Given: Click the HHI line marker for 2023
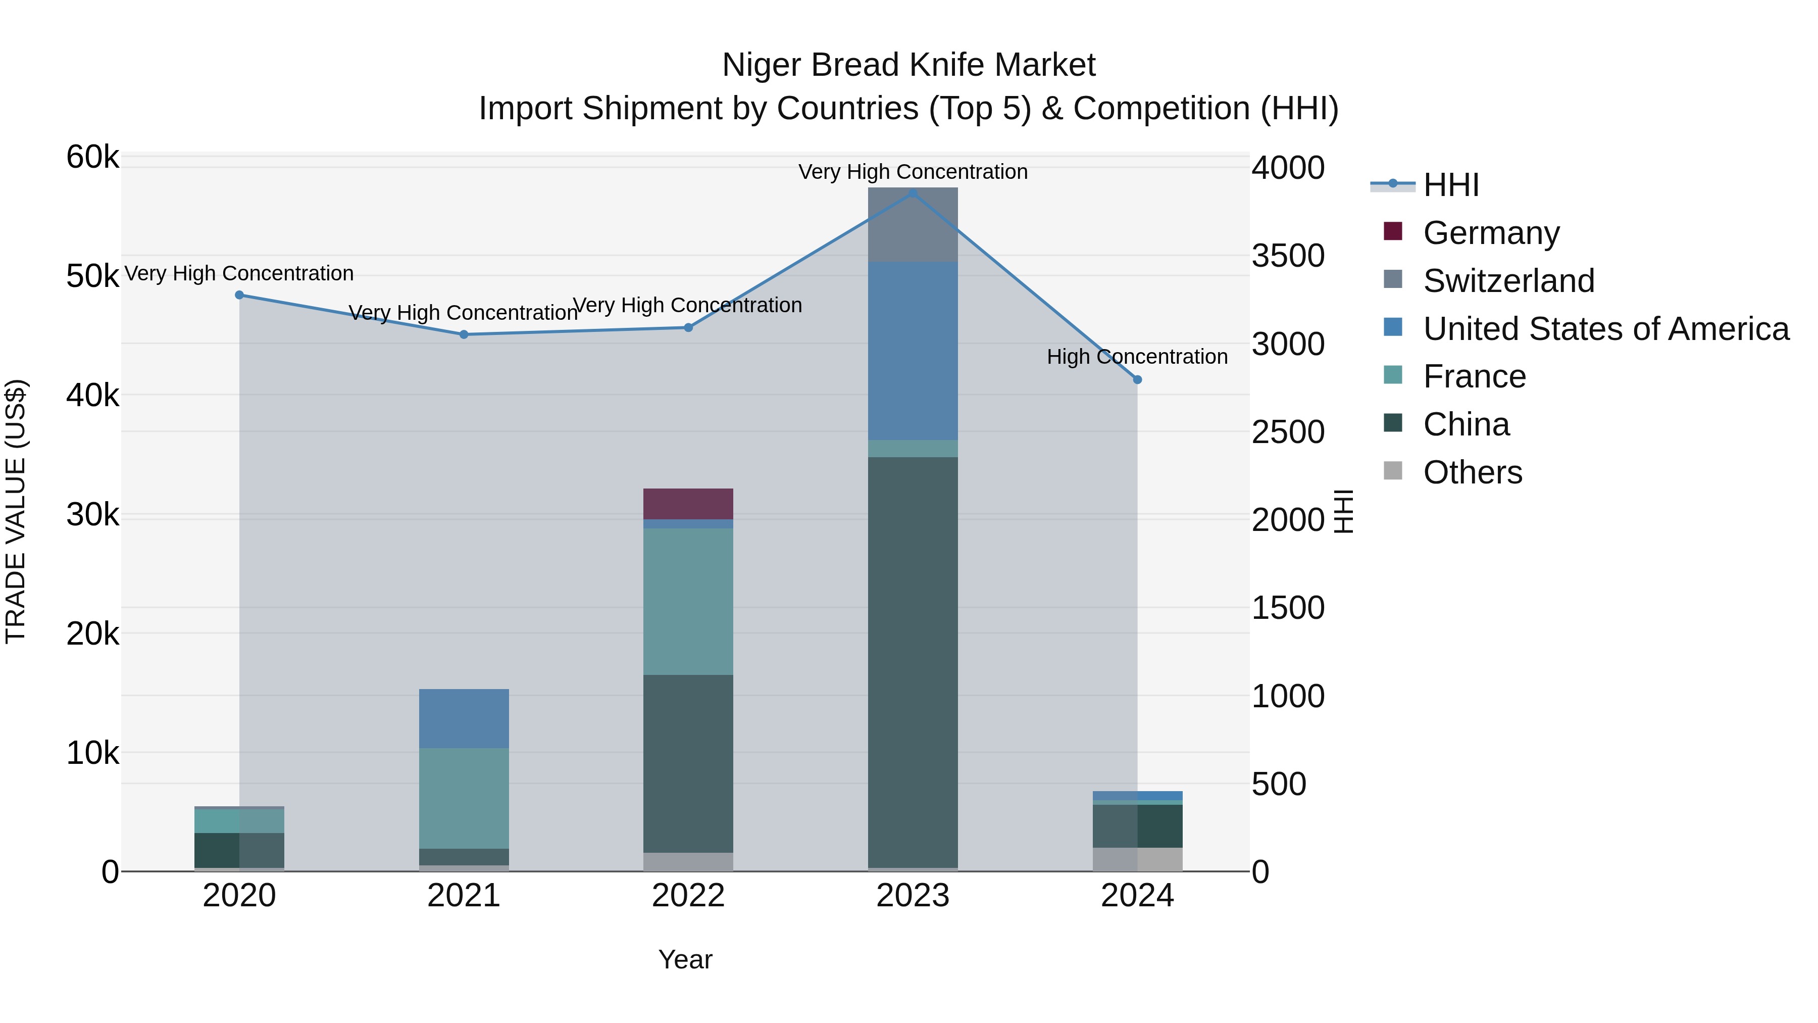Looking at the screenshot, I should [x=913, y=193].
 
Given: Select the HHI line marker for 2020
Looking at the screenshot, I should [x=239, y=295].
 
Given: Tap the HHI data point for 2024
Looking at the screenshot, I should [x=1137, y=380].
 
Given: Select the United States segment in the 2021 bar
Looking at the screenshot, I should [x=464, y=718].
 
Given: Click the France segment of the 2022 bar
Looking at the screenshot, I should [x=688, y=602].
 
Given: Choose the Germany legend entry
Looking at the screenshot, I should [x=1491, y=233].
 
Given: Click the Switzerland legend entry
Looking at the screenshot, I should [x=1508, y=281].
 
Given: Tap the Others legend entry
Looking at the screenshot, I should [x=1472, y=472].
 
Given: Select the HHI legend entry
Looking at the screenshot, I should [x=1450, y=185].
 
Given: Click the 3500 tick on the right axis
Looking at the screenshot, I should [x=1287, y=256].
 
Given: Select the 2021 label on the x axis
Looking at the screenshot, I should [x=464, y=896].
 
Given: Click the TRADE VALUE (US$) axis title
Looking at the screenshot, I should [x=16, y=512].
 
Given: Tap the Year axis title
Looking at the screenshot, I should [x=685, y=959].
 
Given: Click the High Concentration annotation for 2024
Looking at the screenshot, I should [x=1137, y=357].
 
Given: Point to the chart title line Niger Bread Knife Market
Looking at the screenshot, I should [x=908, y=65].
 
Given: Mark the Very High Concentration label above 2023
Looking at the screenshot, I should [x=913, y=172].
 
